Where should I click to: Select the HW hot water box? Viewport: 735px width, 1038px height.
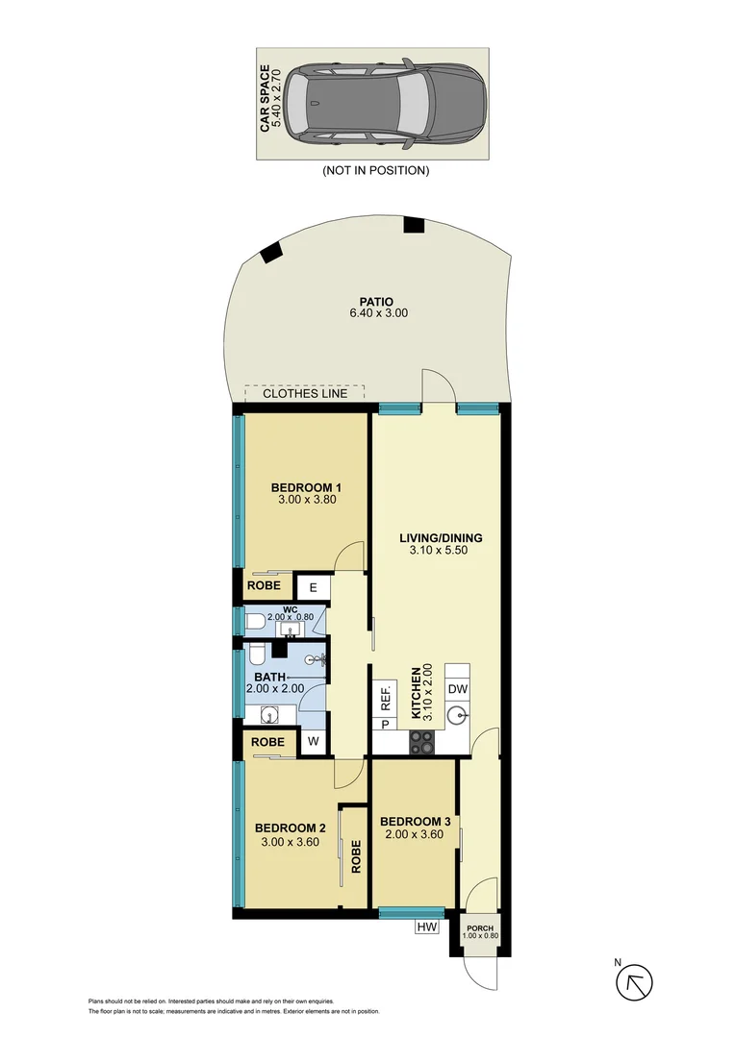coord(428,927)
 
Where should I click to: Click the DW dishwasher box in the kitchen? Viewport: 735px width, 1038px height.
coord(457,689)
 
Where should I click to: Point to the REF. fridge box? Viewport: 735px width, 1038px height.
coord(385,695)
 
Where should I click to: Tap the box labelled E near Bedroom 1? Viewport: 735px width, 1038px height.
coord(313,586)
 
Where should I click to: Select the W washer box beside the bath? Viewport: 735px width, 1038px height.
coord(312,742)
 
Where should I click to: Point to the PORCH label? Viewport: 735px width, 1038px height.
coord(479,927)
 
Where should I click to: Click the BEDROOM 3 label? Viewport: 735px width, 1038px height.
coord(416,821)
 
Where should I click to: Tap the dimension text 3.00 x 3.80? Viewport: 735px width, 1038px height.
coord(305,500)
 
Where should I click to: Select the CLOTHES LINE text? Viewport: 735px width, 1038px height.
coord(305,393)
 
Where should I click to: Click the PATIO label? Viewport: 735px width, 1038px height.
coord(371,302)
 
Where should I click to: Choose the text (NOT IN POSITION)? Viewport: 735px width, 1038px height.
coord(375,170)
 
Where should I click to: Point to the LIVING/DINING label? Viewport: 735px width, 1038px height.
coord(441,537)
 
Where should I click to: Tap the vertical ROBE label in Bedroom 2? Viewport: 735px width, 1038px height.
coord(356,855)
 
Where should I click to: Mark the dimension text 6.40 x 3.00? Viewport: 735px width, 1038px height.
coord(371,314)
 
